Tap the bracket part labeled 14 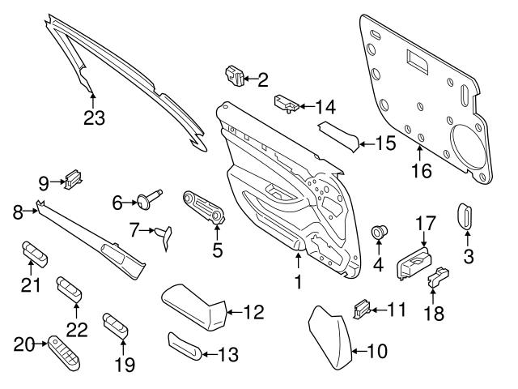(x=284, y=103)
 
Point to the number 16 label (x=422, y=170)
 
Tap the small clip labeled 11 (x=362, y=308)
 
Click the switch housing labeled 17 (x=413, y=261)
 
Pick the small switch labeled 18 (x=437, y=276)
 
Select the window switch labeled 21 (x=35, y=254)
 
